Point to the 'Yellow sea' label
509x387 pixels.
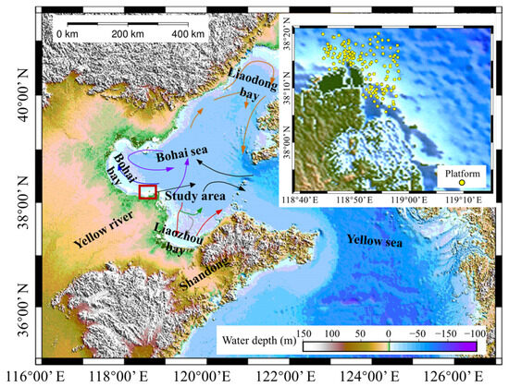[x=377, y=241]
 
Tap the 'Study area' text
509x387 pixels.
[x=195, y=195]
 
